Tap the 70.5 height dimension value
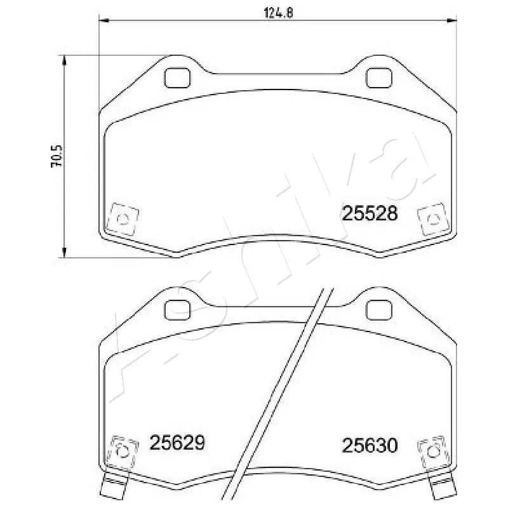(x=57, y=156)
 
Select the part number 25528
(x=370, y=213)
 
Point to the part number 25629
(x=177, y=443)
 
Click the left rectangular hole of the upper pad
(x=177, y=77)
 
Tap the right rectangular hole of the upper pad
(x=379, y=77)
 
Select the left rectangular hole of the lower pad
(x=177, y=309)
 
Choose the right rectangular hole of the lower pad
(x=379, y=309)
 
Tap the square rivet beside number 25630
(x=434, y=450)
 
